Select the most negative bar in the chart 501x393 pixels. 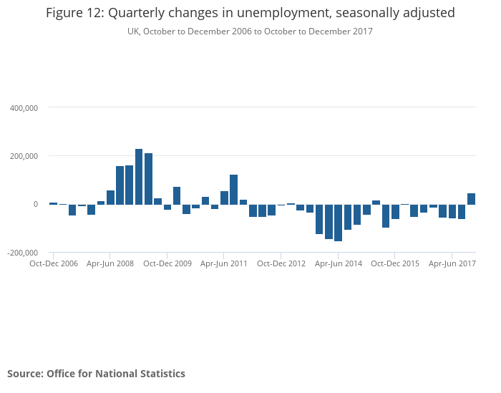[x=338, y=223]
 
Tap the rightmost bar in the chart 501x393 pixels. [x=471, y=199]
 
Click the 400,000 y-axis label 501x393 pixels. [x=24, y=108]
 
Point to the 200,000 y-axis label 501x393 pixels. [x=24, y=156]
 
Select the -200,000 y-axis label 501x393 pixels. [x=22, y=253]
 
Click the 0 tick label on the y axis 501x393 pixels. [x=34, y=205]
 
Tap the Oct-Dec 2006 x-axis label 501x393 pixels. [x=53, y=263]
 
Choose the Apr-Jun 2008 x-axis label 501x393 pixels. [x=110, y=263]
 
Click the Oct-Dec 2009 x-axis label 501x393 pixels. [x=167, y=263]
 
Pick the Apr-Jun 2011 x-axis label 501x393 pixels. [x=224, y=263]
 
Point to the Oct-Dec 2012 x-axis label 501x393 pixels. [x=281, y=263]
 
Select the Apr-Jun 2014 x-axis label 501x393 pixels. [x=339, y=263]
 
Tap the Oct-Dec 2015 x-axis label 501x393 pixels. [x=395, y=263]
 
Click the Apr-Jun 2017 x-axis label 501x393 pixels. [x=452, y=263]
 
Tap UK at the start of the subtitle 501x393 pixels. [x=133, y=31]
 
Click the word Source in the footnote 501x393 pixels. [x=24, y=374]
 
